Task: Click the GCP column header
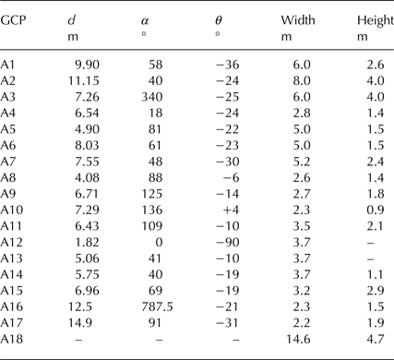(x=15, y=19)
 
